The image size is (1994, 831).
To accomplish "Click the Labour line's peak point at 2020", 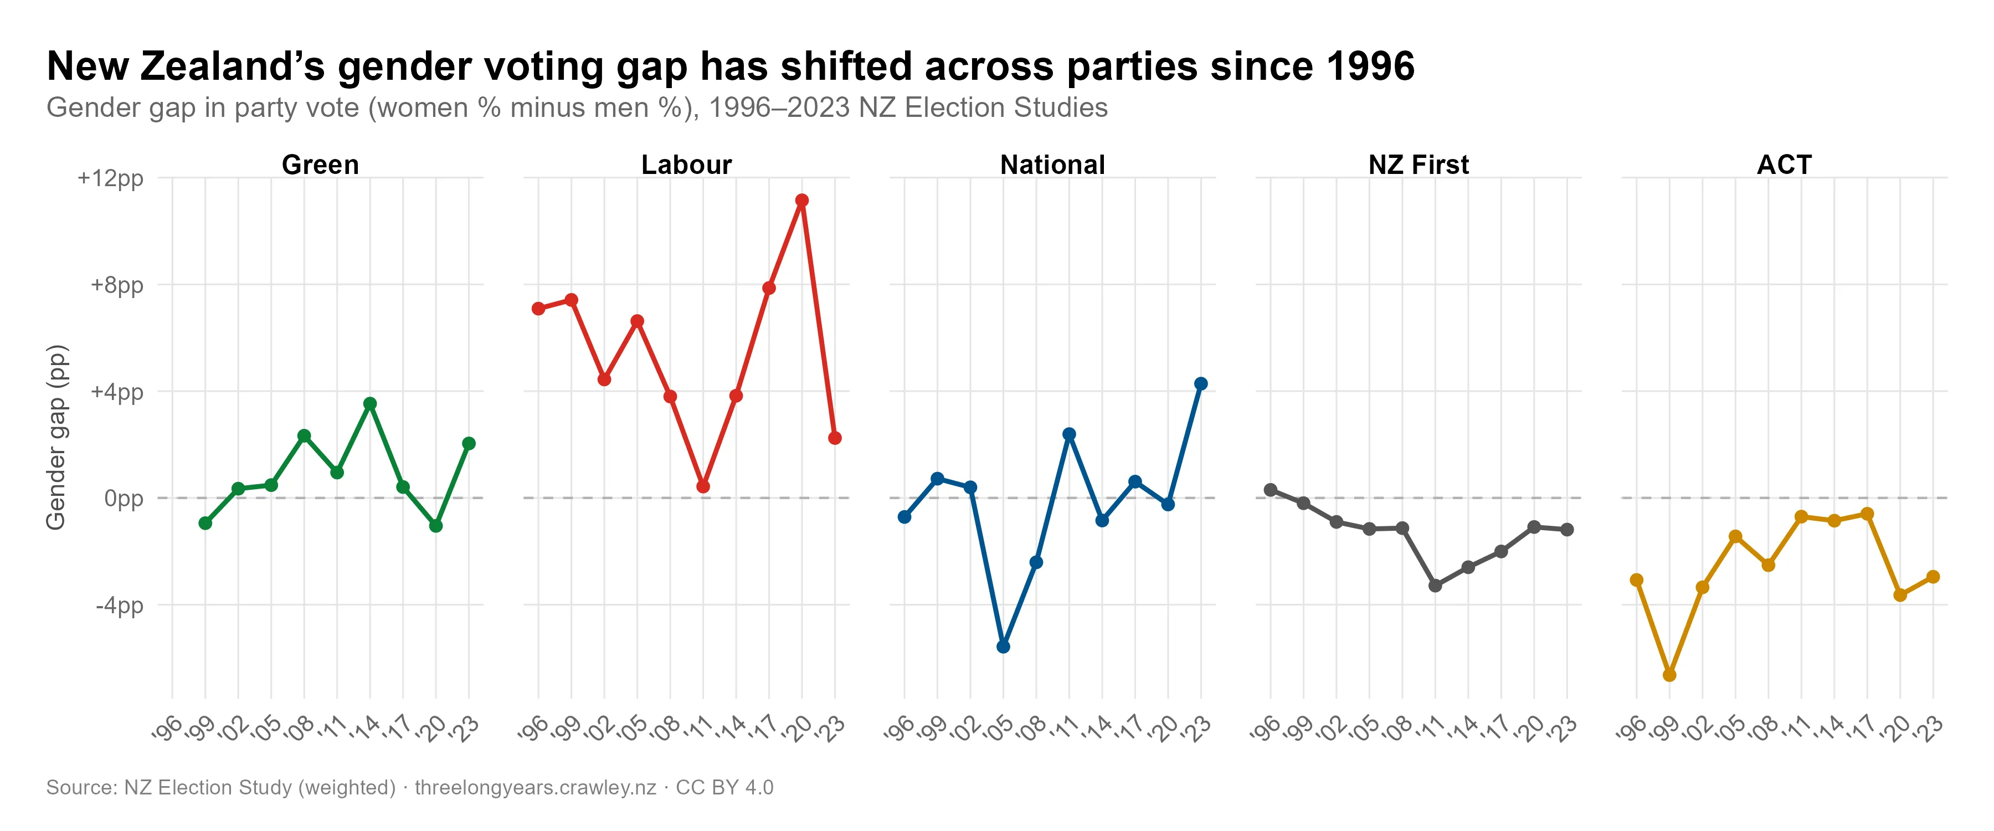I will (x=802, y=201).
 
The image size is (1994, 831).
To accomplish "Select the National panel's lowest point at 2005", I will (x=1003, y=647).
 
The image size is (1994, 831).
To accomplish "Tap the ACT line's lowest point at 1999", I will (x=1669, y=675).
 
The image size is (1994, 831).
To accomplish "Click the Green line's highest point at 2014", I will (x=370, y=403).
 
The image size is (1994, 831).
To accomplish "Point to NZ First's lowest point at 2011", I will (x=1435, y=586).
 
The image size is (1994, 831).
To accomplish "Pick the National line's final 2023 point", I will (x=1201, y=384).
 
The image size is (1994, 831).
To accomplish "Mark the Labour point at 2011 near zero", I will (x=703, y=486).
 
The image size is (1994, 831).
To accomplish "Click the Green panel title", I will (x=321, y=165).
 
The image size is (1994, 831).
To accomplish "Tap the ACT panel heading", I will (x=1784, y=165).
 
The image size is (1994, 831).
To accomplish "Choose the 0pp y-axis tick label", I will (x=124, y=499).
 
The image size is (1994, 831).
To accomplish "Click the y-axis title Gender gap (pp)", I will (x=56, y=438).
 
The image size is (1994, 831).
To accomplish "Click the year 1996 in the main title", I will (x=1370, y=66).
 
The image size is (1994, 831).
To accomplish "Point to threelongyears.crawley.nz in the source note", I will (x=535, y=788).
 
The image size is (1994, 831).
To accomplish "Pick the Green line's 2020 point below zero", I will (x=436, y=526).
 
